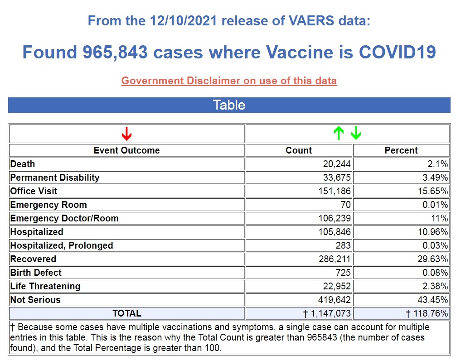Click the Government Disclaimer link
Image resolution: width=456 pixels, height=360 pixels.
[229, 81]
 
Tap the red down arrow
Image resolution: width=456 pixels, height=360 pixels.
[127, 134]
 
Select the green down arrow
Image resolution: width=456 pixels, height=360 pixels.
[356, 133]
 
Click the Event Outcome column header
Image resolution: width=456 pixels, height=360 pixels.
[127, 150]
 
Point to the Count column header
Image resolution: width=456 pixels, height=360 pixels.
[299, 150]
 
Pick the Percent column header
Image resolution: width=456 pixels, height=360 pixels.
[401, 150]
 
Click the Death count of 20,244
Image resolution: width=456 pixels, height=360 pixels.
[335, 164]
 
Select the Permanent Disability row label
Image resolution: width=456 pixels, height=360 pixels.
[55, 178]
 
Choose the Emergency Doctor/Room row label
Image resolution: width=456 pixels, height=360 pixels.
[64, 218]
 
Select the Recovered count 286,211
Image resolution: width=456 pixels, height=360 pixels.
[334, 259]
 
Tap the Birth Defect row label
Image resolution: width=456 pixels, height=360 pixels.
[36, 273]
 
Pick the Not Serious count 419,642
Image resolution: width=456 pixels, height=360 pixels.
[334, 300]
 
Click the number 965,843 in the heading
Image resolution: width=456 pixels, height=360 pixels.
[115, 52]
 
